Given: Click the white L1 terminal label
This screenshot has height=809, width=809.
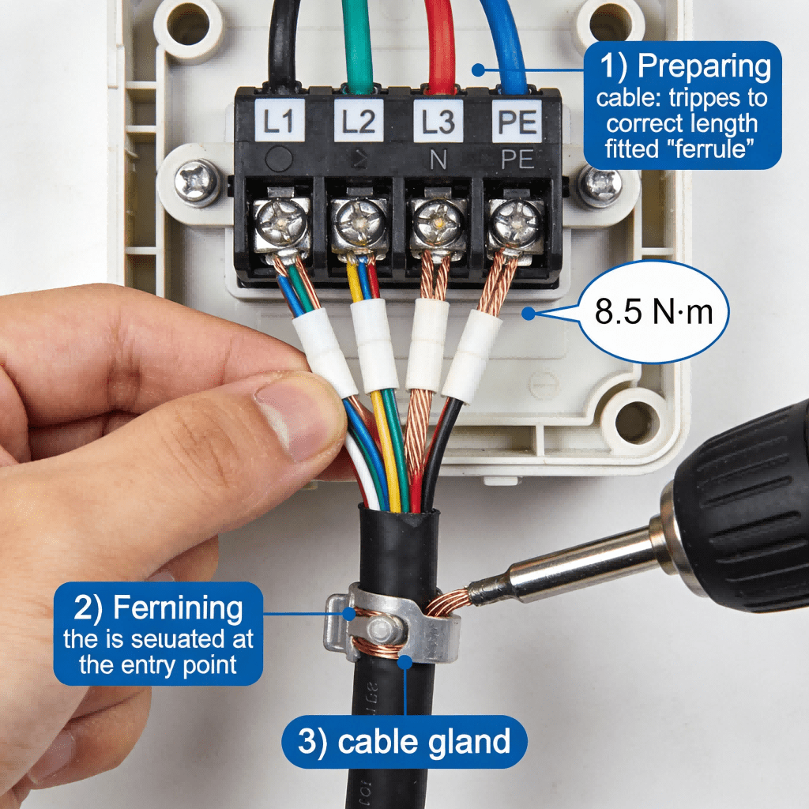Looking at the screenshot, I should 277,122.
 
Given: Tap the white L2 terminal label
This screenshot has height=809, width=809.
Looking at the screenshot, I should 359,122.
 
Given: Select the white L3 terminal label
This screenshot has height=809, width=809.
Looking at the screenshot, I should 438,122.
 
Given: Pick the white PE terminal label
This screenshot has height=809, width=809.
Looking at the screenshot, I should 518,122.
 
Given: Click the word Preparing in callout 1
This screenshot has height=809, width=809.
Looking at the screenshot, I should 705,67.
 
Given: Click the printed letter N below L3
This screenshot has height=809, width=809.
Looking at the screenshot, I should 438,160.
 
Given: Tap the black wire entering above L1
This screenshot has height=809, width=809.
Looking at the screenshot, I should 284,40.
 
